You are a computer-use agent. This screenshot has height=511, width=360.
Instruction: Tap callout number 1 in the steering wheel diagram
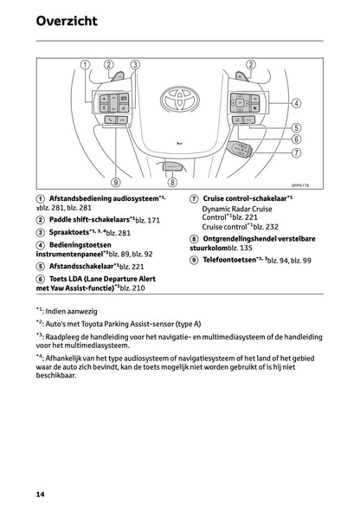(x=85, y=65)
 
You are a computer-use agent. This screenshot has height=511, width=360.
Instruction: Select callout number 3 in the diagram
(x=135, y=65)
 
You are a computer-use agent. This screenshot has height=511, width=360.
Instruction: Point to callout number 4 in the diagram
(x=296, y=102)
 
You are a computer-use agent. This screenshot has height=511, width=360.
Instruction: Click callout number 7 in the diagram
(x=296, y=153)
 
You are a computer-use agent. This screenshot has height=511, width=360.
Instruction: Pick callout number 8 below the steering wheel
(x=172, y=183)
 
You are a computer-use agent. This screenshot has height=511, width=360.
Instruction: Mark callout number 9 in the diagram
(x=116, y=183)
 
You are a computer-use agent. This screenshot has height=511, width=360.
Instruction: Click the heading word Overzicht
(x=67, y=20)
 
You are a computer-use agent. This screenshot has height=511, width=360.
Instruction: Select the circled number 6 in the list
(x=42, y=279)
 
